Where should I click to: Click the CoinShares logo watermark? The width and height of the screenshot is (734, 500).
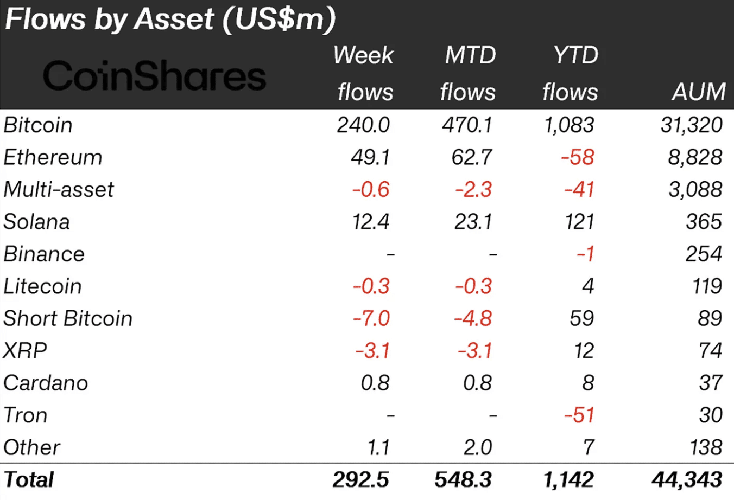[154, 76]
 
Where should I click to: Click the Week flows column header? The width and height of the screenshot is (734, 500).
[364, 74]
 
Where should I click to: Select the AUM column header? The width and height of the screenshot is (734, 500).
[698, 92]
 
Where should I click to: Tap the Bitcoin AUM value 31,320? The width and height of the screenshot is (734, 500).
[691, 125]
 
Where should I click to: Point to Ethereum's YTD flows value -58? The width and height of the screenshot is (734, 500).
[578, 157]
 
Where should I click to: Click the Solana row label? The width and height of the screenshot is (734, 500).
[37, 222]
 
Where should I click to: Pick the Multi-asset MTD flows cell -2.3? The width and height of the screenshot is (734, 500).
[473, 190]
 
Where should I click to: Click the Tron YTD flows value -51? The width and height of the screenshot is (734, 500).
[579, 415]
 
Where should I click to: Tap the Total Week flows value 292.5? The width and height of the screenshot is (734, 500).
[360, 480]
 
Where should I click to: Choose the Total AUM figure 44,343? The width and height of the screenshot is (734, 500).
[687, 480]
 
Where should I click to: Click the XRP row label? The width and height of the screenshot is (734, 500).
[25, 351]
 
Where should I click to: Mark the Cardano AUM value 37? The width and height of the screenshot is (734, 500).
[710, 383]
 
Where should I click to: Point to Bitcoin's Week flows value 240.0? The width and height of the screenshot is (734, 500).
[363, 125]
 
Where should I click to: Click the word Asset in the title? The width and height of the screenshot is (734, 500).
[174, 19]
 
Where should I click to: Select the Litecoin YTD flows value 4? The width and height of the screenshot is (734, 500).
[588, 286]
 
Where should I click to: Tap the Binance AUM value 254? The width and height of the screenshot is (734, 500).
[703, 254]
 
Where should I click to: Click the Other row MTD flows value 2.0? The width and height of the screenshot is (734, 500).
[477, 447]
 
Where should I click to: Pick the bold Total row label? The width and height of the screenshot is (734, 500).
[29, 480]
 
